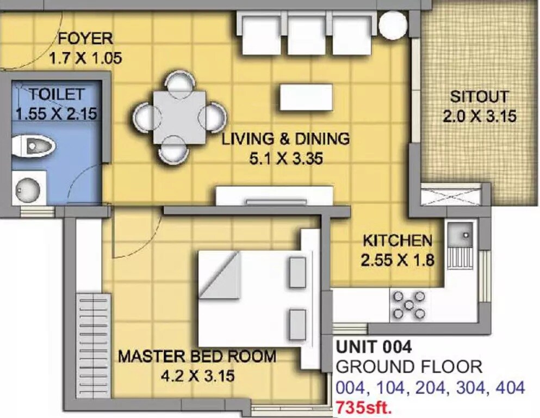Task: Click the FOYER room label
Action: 85,39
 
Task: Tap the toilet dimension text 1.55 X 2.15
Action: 56,114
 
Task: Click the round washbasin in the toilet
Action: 27,188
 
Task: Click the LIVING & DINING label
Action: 285,139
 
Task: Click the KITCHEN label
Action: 398,241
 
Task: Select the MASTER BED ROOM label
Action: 197,357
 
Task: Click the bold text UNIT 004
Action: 374,347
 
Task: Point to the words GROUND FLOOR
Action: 409,367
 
